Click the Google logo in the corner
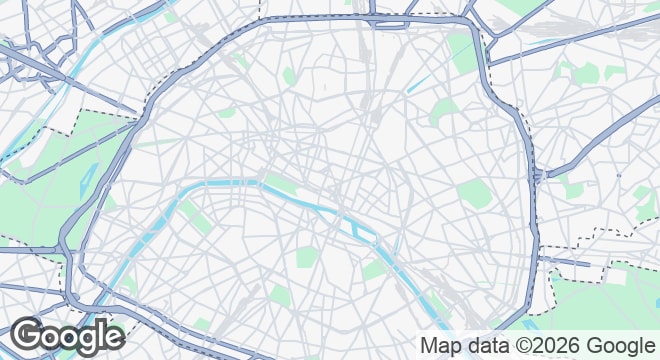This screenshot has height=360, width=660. coord(67,337)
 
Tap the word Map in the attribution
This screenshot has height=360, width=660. coord(443,346)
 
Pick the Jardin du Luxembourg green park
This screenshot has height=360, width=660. coord(306,257)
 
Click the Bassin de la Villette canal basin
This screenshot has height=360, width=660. coord(418,83)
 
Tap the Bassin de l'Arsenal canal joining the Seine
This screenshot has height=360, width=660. coord(397,245)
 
